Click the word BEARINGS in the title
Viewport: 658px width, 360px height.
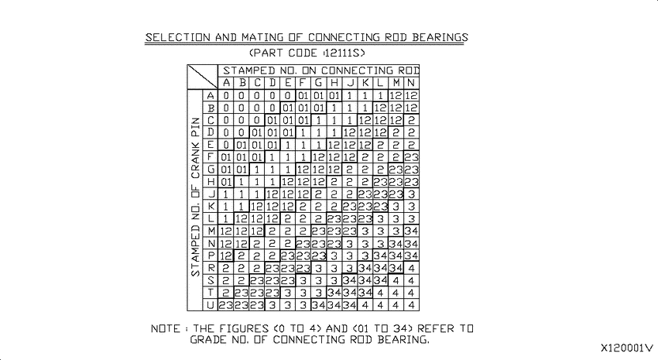coord(440,37)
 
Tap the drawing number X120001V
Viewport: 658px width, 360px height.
coord(627,348)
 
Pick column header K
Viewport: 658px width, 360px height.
coord(365,83)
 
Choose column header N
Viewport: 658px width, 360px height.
coord(411,83)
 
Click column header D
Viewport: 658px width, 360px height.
coord(272,83)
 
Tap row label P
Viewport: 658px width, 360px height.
coord(211,255)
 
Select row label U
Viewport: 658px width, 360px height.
coord(211,305)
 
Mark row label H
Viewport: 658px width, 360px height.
coord(211,182)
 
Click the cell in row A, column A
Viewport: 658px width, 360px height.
coord(226,96)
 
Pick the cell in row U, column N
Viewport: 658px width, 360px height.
coord(411,305)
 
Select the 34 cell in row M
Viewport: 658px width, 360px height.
coord(411,231)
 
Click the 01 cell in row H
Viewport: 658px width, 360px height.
coord(226,182)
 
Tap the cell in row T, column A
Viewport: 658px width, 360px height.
coord(226,293)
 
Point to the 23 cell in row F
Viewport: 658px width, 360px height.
coord(411,157)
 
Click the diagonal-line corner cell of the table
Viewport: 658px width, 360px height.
coord(202,77)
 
